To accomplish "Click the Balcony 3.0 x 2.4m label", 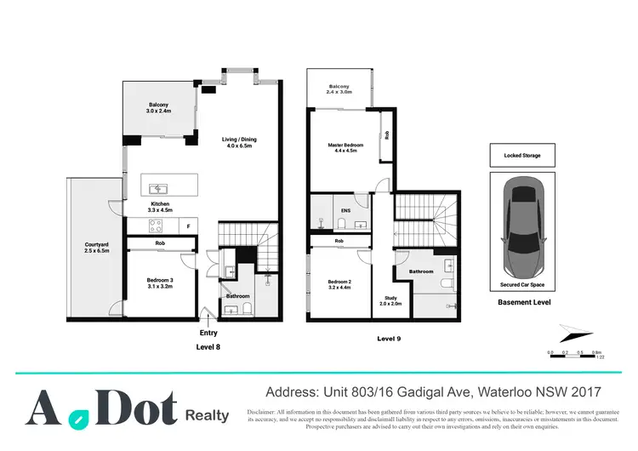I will [160, 108].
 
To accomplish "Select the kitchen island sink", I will [157, 188].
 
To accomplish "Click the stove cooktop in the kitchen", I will [157, 225].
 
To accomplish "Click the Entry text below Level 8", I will [208, 333].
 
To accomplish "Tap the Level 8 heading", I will [208, 347].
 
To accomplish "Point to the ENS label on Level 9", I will [345, 209].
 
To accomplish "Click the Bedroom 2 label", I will [339, 285].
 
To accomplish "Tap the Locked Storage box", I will [521, 156].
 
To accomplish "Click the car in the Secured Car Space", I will [521, 224].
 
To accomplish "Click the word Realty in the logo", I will [207, 415].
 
